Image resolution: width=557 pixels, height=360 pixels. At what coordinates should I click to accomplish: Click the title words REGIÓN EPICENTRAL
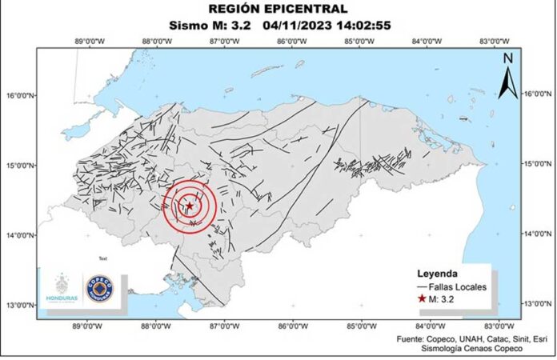[x=278, y=9]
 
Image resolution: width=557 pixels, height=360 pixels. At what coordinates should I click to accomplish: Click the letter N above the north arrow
[x=507, y=58]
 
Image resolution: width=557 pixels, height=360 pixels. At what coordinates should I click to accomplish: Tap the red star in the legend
[x=422, y=298]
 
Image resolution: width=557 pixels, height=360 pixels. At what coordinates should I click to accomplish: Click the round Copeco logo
[x=99, y=288]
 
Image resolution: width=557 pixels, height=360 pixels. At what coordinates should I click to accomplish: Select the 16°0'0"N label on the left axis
[x=21, y=95]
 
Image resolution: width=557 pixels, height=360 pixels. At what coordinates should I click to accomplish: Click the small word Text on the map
[x=102, y=259]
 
